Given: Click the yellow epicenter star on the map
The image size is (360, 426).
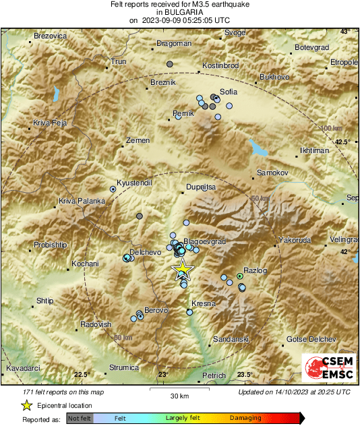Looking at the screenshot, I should pyautogui.click(x=182, y=271).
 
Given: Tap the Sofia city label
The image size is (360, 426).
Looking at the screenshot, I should pyautogui.click(x=229, y=92).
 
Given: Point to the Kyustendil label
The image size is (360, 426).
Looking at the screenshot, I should pyautogui.click(x=136, y=183).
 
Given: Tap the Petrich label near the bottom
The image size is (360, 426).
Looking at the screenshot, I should pyautogui.click(x=214, y=375).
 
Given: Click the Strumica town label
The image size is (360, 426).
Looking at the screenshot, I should pyautogui.click(x=124, y=367).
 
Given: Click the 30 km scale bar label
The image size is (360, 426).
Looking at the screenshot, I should pyautogui.click(x=179, y=396).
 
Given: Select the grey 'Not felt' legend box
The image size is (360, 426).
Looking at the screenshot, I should pyautogui.click(x=79, y=418).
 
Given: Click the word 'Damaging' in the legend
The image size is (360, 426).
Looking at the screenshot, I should pyautogui.click(x=246, y=418).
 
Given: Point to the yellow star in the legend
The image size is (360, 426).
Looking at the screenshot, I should pyautogui.click(x=26, y=405).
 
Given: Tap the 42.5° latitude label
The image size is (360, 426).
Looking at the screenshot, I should pyautogui.click(x=344, y=142).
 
